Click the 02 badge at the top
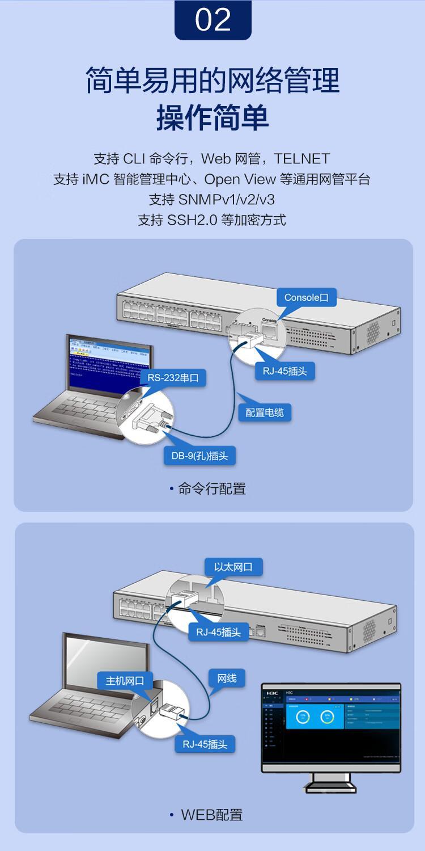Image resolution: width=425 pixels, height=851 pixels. click(212, 20)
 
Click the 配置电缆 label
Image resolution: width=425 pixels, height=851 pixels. click(265, 412)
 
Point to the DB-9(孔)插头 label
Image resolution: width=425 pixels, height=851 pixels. click(199, 456)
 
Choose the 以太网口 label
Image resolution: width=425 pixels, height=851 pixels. click(233, 567)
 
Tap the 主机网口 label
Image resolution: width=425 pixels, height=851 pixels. click(125, 680)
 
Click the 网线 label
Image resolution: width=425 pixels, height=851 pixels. click(227, 678)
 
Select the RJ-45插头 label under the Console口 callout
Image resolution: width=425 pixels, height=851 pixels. click(288, 371)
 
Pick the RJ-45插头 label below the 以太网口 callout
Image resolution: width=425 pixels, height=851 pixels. click(219, 631)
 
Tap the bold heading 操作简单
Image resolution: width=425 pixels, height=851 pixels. click(212, 118)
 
